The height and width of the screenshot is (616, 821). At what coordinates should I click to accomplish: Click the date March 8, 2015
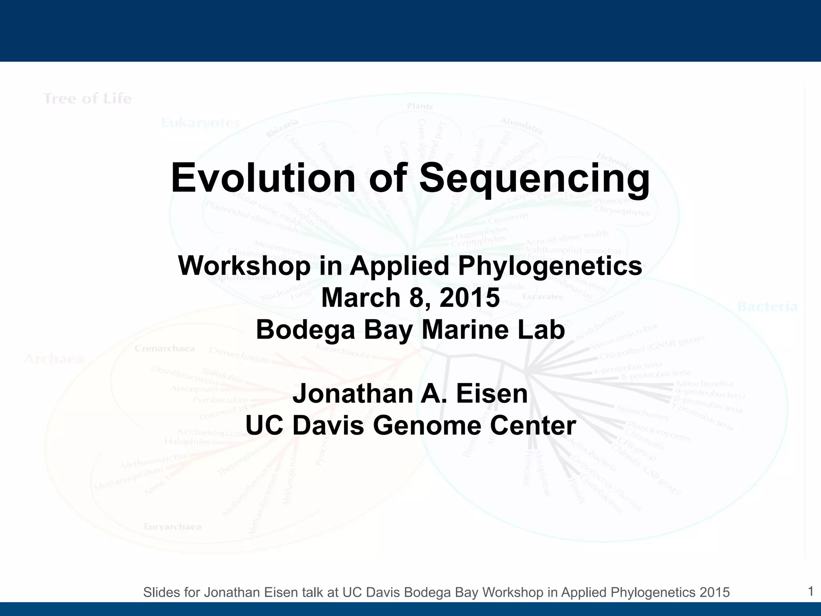410,298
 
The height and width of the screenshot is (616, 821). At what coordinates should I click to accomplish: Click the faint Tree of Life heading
87,99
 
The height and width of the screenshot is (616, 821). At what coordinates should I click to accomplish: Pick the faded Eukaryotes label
201,123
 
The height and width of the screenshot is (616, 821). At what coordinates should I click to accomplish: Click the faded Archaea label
54,359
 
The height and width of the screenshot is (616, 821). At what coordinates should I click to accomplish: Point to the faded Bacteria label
767,307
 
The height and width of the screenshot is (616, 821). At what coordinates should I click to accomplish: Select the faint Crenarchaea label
164,349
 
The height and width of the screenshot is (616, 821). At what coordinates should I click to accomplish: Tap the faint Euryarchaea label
172,527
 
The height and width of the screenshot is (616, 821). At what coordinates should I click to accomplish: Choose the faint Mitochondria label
704,384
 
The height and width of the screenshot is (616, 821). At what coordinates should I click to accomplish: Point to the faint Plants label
420,106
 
